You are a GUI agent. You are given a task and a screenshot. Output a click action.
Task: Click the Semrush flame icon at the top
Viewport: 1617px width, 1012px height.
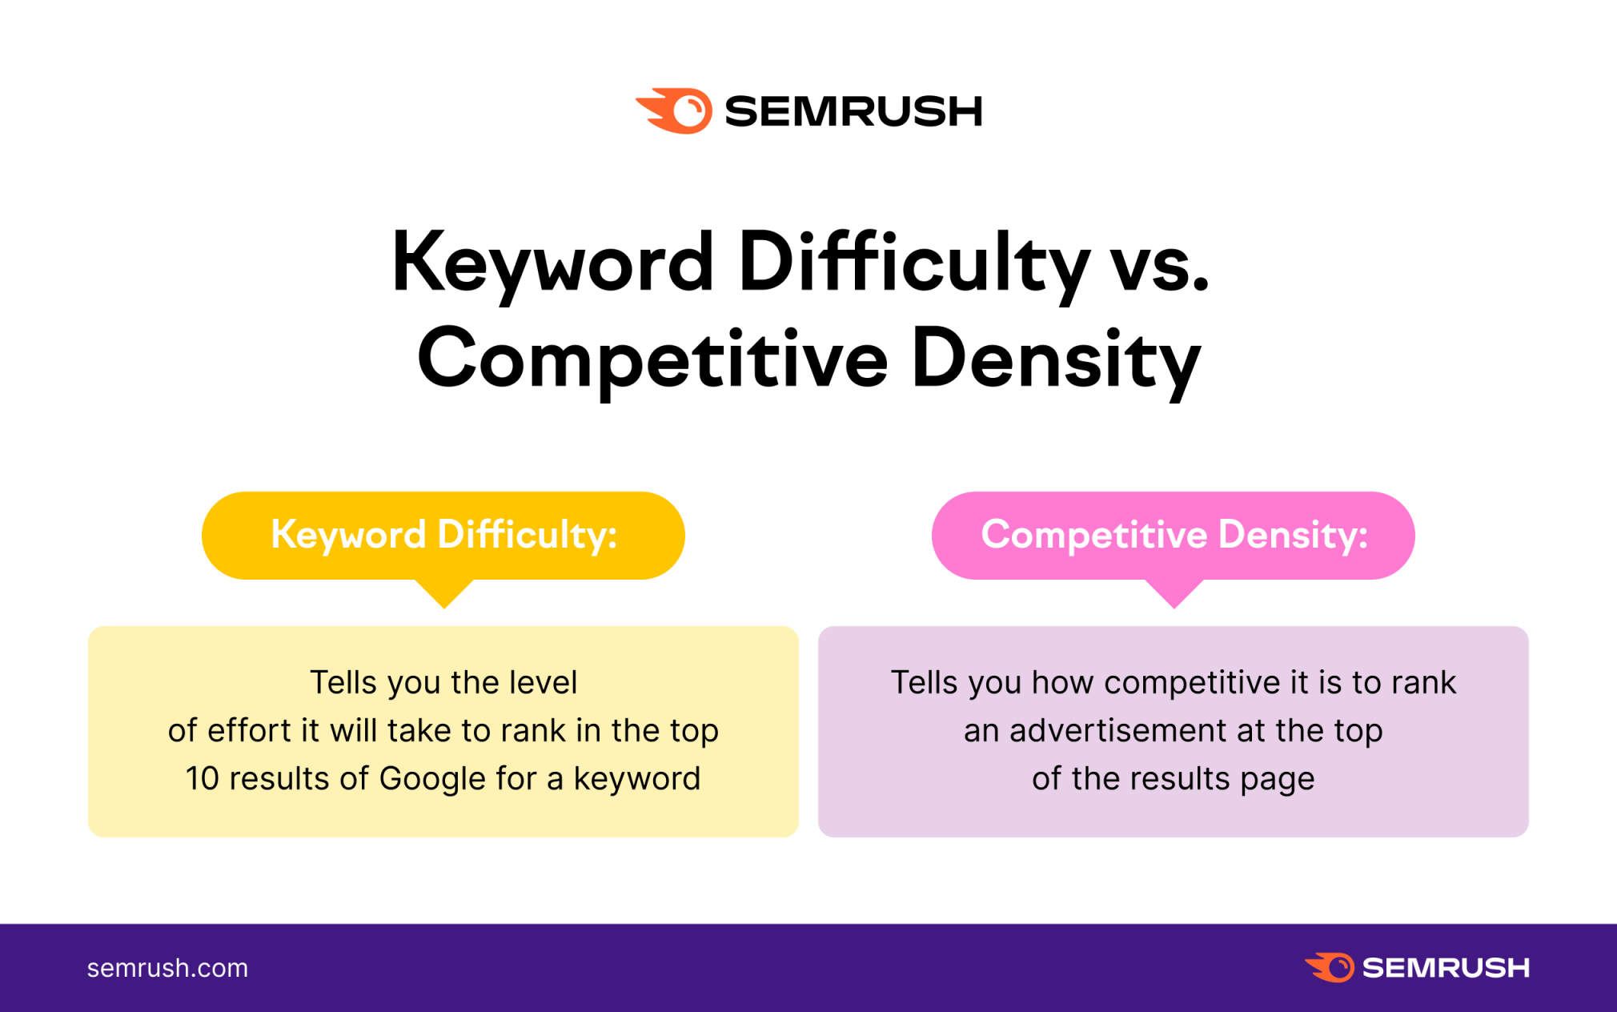click(674, 110)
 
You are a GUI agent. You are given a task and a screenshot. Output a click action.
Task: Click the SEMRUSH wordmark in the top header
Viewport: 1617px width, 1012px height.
click(853, 111)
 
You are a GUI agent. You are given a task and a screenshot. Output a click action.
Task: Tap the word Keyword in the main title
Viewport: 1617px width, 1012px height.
click(552, 263)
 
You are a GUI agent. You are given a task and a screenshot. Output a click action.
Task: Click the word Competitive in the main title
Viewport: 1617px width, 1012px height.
click(652, 359)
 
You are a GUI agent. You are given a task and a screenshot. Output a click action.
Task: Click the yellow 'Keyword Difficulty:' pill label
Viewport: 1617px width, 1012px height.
click(443, 535)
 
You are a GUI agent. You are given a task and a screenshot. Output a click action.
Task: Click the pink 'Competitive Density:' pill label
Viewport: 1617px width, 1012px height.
click(1174, 535)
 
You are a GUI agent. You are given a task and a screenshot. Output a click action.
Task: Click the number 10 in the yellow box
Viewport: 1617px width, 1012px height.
click(203, 778)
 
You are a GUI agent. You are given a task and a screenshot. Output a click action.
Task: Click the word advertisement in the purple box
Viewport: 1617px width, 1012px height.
click(1118, 730)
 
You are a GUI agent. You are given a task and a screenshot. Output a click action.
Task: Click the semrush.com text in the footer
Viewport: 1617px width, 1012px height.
click(167, 968)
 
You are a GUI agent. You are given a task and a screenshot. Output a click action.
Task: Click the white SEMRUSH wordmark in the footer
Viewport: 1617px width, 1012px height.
click(1446, 968)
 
